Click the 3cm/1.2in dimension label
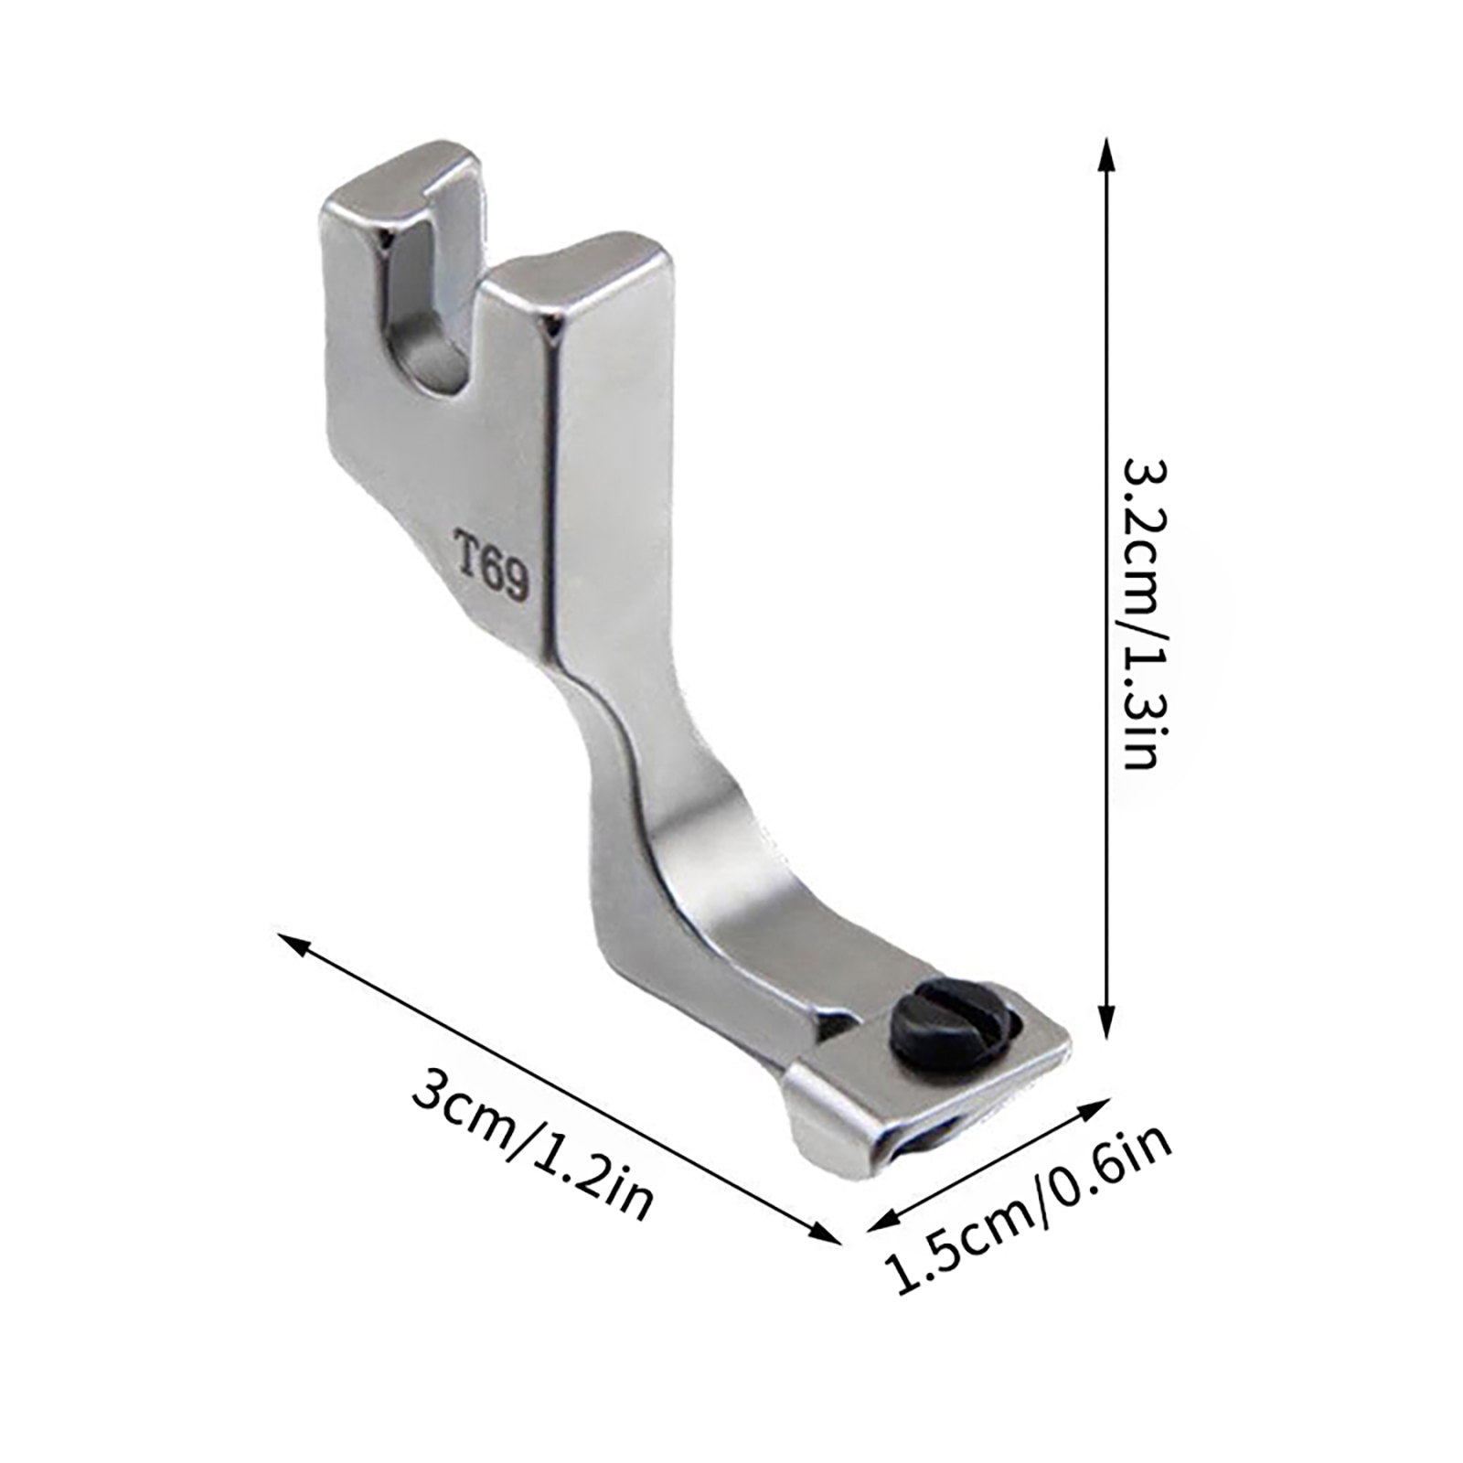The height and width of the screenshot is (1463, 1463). click(x=532, y=1147)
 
